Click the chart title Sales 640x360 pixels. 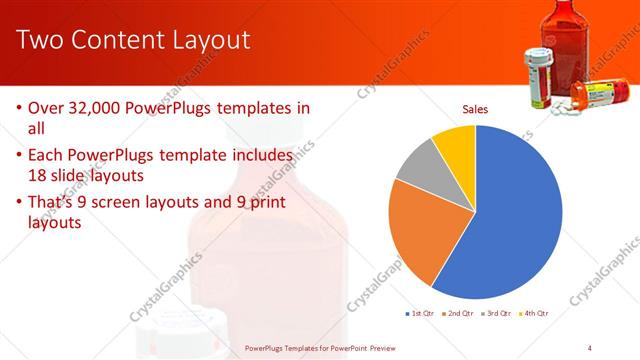point(475,110)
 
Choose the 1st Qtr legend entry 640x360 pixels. point(419,313)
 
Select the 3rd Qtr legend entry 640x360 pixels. point(496,313)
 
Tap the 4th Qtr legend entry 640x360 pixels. point(533,313)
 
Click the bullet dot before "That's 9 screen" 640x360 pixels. point(20,205)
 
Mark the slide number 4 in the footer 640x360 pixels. point(590,347)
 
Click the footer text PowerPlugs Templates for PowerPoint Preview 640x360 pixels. point(320,348)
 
